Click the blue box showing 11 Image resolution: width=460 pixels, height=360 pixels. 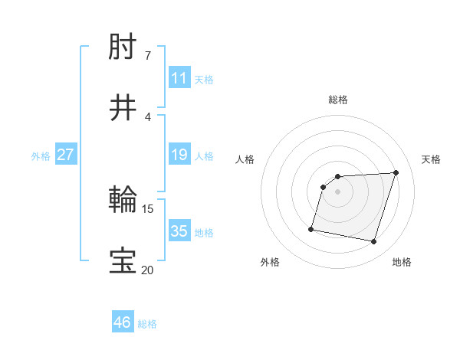(179, 78)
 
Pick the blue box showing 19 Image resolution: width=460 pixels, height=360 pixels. (179, 155)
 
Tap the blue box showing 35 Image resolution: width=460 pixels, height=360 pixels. (179, 231)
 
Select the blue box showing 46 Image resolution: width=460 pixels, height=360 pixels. (123, 322)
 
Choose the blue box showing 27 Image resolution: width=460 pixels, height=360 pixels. (66, 155)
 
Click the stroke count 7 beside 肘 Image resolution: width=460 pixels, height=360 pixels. (147, 56)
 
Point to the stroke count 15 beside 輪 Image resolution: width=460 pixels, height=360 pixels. (148, 208)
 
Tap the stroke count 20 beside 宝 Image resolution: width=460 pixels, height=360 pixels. (147, 269)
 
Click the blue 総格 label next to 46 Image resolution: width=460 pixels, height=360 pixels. (147, 324)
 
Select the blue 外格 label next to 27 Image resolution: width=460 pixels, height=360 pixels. (41, 155)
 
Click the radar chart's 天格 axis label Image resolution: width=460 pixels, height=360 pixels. (432, 159)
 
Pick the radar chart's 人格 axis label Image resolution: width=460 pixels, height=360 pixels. (245, 159)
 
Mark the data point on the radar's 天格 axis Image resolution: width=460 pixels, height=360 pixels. (396, 172)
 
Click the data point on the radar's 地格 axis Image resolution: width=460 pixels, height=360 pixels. (373, 242)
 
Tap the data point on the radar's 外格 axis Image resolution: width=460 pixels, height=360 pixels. (311, 228)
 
